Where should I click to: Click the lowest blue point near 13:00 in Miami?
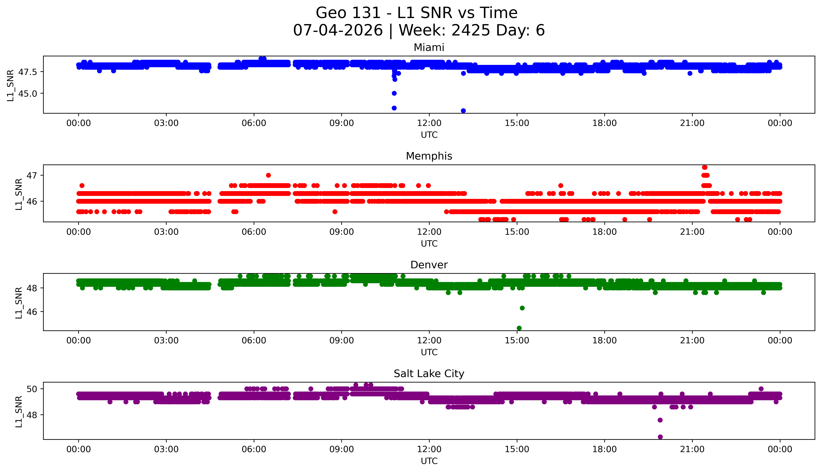click(x=463, y=110)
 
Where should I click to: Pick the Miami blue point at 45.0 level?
click(x=394, y=93)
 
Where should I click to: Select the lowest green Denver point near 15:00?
click(x=519, y=328)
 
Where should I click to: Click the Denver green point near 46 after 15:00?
click(x=522, y=308)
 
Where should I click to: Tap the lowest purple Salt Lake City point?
click(x=660, y=437)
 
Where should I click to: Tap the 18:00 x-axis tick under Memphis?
click(x=605, y=232)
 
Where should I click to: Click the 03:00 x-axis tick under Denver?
click(x=166, y=340)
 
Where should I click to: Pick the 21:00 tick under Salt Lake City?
click(x=692, y=449)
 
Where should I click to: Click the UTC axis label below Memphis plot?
click(x=429, y=243)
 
